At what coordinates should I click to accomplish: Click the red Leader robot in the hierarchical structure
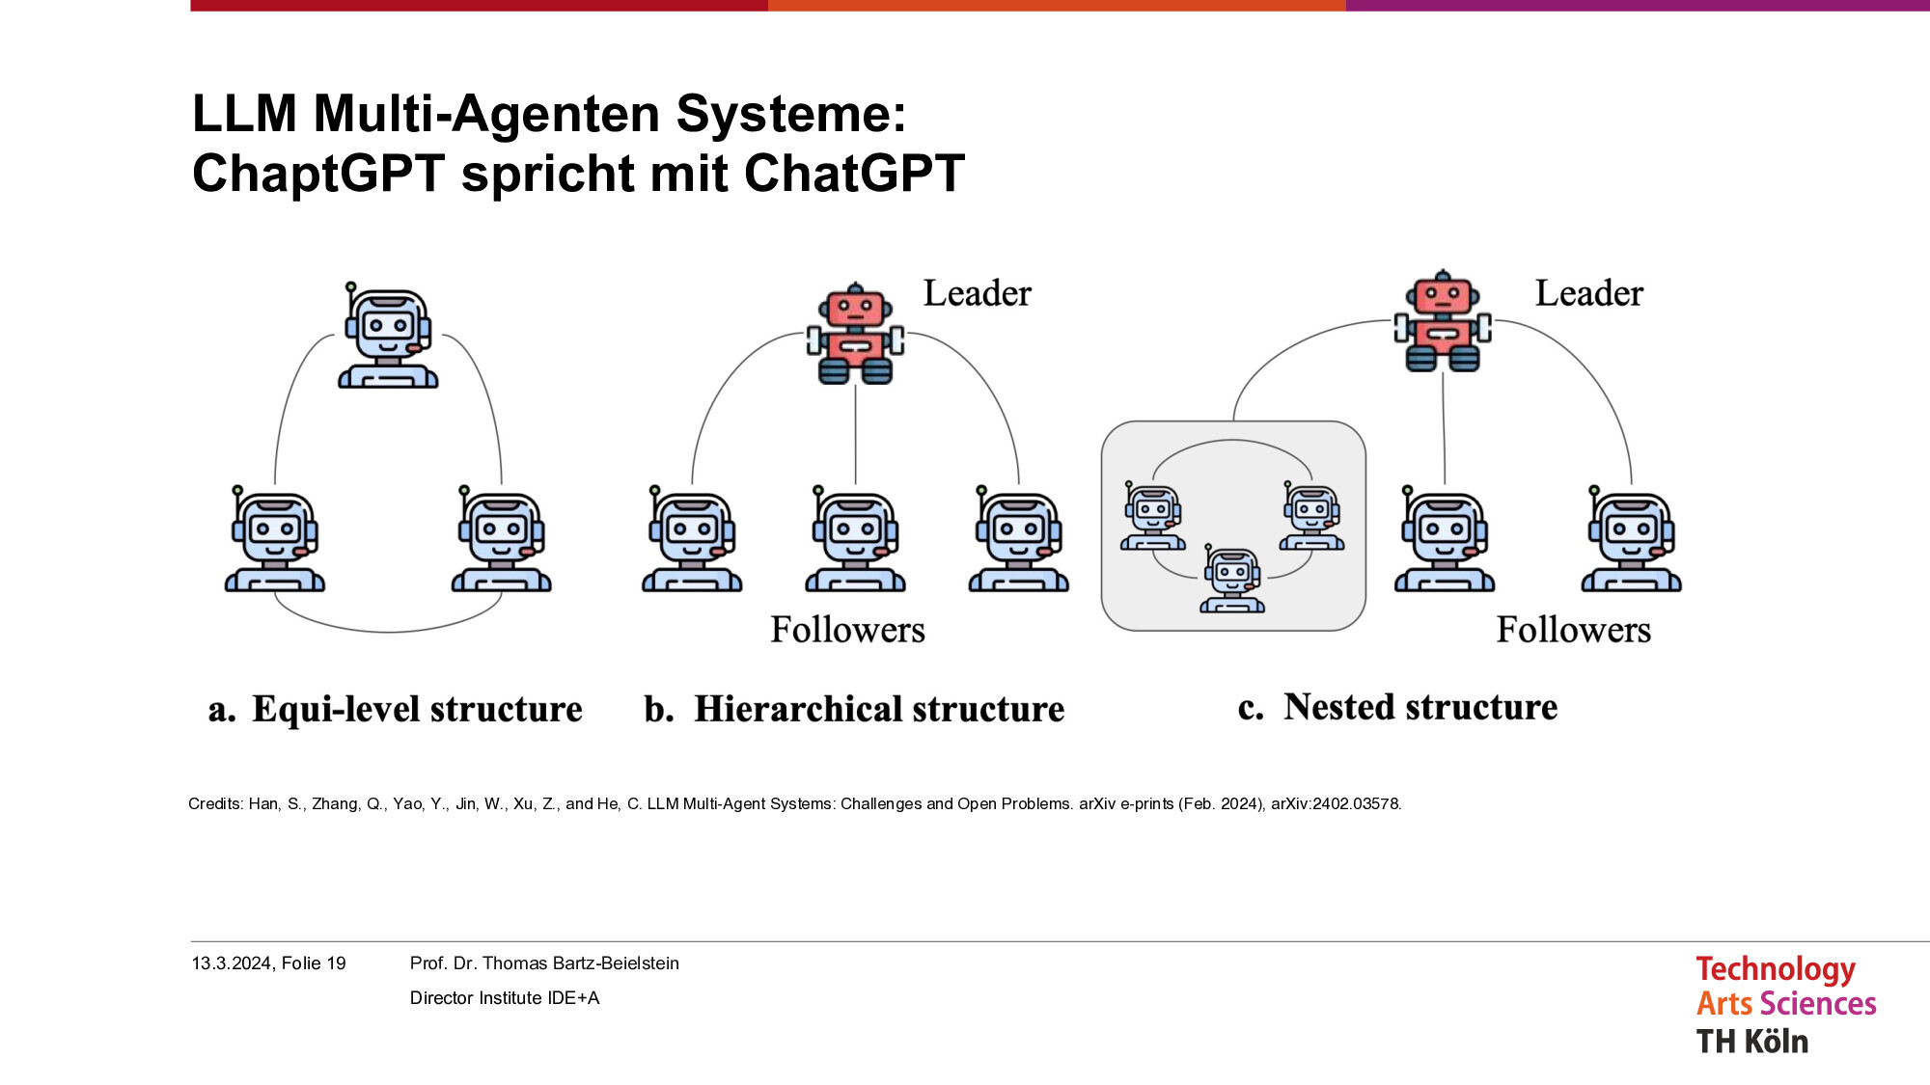856,334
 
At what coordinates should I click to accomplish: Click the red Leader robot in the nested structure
1443,321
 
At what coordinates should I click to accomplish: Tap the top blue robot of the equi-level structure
388,336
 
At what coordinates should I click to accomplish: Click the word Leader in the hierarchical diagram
978,293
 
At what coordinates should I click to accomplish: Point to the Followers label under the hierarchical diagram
847,630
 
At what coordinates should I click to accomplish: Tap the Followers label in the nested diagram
1574,630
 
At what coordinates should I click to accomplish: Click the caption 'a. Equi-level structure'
396,709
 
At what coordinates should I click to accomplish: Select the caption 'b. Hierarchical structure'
854,709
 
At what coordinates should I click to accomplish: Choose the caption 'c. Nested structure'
1397,707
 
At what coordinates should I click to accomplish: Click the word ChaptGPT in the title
318,175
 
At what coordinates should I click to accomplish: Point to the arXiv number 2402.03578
1336,803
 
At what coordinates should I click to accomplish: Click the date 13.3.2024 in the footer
232,963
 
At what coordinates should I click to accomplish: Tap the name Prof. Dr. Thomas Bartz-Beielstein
544,963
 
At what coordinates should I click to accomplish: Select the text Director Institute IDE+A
505,998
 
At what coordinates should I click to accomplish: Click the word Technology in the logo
1776,969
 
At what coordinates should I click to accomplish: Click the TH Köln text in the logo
1752,1042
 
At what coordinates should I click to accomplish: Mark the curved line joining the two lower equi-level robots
388,632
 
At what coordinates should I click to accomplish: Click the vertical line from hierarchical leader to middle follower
856,434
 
